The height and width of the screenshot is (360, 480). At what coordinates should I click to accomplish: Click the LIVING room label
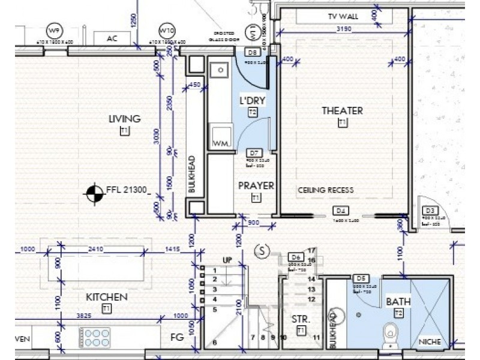coord(124,119)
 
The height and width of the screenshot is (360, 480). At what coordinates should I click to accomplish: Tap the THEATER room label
coord(342,110)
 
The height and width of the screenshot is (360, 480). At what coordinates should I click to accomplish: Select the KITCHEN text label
coord(106,297)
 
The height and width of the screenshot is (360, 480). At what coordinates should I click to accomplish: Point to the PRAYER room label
coord(256,186)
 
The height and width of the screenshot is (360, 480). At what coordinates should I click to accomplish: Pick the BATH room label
coord(398,302)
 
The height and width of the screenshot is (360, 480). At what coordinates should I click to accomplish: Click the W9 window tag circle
coord(55,31)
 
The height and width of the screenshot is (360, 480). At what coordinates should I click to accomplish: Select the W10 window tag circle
coord(166,31)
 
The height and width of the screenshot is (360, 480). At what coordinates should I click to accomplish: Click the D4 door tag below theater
coord(341,211)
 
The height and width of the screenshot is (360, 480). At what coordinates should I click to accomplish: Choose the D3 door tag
coord(429,211)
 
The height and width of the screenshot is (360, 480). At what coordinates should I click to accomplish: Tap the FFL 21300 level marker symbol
coord(93,193)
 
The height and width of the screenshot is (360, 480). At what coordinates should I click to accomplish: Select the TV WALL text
coord(343,16)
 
